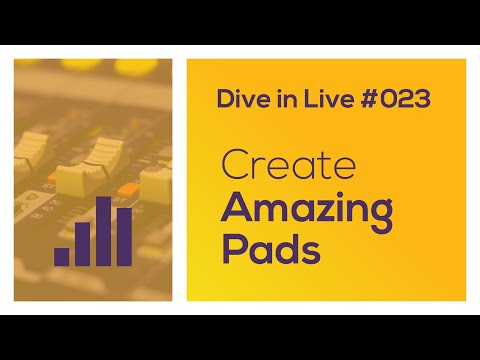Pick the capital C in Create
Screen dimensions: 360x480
click(234, 165)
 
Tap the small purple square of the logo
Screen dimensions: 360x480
click(62, 255)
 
